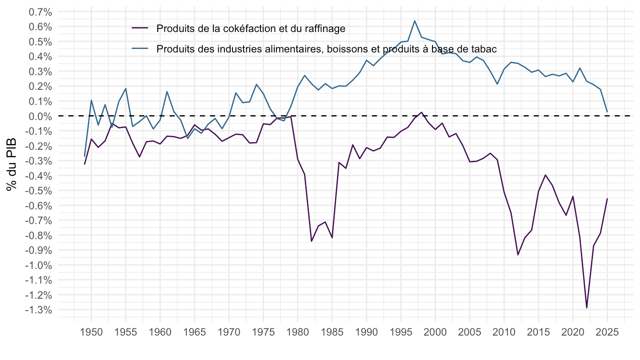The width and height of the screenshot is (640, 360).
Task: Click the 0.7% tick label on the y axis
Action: pyautogui.click(x=40, y=12)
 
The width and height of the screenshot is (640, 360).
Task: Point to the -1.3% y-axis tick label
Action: pyautogui.click(x=39, y=310)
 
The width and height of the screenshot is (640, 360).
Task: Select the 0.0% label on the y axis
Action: pyautogui.click(x=40, y=116)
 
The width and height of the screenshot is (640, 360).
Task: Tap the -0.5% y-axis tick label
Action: pyautogui.click(x=39, y=191)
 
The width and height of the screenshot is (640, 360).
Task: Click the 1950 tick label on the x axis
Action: pyautogui.click(x=92, y=332)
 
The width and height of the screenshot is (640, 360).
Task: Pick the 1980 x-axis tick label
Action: pyautogui.click(x=298, y=332)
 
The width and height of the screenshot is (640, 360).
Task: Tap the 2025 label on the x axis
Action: pyautogui.click(x=607, y=332)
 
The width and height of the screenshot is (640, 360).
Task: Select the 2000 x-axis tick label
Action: pyautogui.click(x=435, y=332)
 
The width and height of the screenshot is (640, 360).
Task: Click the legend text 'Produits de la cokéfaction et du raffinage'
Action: pyautogui.click(x=251, y=28)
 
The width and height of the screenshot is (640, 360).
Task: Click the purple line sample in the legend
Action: pyautogui.click(x=140, y=28)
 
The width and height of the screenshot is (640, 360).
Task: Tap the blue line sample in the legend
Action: pyautogui.click(x=140, y=48)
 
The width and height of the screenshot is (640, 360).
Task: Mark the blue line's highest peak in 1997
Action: pyautogui.click(x=415, y=21)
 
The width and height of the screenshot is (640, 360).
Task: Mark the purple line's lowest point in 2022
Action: pyautogui.click(x=587, y=308)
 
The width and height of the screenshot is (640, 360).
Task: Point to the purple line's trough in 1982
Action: pyautogui.click(x=312, y=241)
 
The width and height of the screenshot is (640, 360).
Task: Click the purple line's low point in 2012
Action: pyautogui.click(x=518, y=255)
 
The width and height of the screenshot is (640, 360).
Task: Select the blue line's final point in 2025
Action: pyautogui.click(x=607, y=112)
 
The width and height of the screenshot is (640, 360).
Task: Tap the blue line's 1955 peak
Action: pyautogui.click(x=126, y=88)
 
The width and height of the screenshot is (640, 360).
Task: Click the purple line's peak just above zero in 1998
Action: pyautogui.click(x=421, y=112)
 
